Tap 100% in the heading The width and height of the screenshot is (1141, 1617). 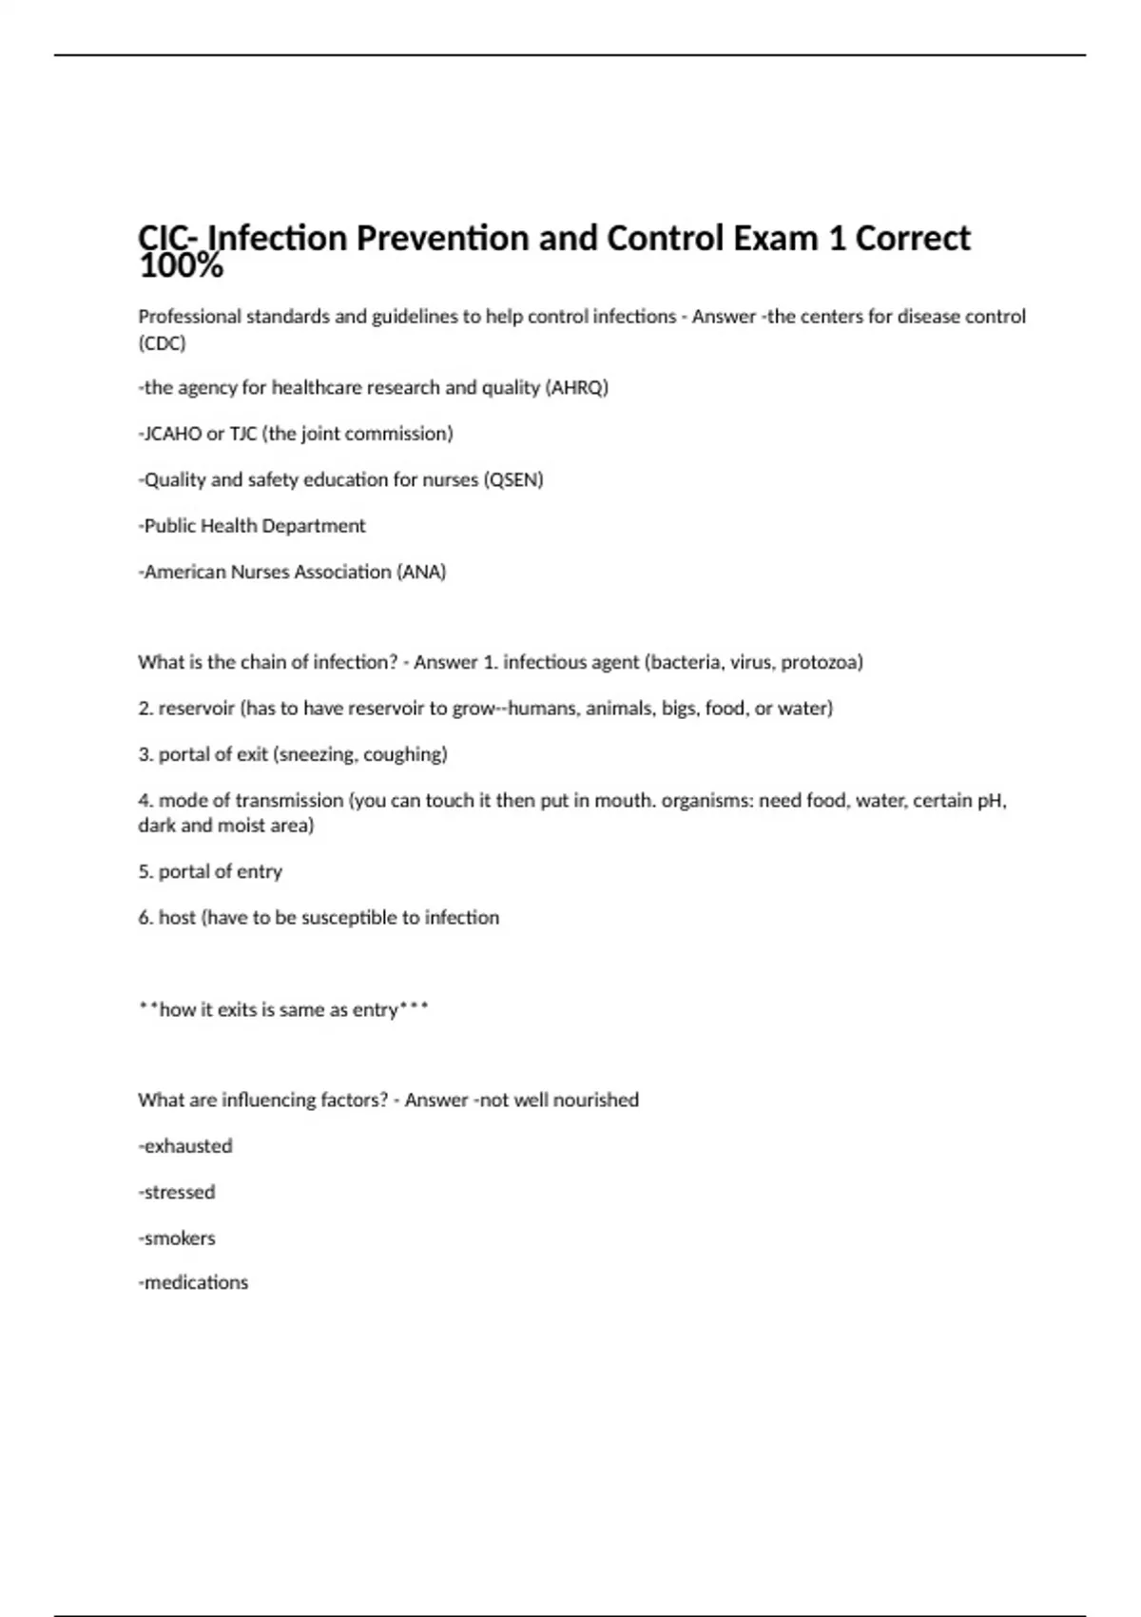(181, 267)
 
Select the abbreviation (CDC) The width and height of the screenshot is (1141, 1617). (162, 342)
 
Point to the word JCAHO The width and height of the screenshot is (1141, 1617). (172, 434)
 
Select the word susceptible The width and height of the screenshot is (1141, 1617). (349, 918)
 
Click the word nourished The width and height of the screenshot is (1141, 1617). (596, 1100)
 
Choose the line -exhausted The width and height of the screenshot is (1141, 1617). (185, 1146)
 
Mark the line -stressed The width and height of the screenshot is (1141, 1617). (177, 1192)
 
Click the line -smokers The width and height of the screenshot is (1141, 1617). (177, 1238)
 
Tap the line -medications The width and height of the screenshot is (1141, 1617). (193, 1282)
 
